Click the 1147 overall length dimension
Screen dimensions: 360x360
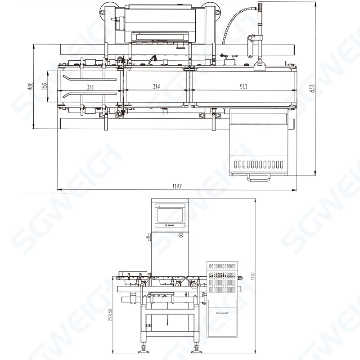[176, 186]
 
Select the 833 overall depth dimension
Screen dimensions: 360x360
[311, 89]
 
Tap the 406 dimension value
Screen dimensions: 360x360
[30, 86]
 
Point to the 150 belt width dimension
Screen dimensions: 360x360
[44, 86]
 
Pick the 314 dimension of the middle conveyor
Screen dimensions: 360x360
[156, 86]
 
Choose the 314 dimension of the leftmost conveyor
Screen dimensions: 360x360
[90, 86]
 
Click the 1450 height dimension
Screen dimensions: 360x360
[253, 274]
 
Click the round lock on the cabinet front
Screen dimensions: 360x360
[180, 235]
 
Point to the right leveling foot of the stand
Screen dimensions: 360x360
[196, 348]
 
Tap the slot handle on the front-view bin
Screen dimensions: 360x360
[222, 312]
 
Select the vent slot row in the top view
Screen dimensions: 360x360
[259, 163]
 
